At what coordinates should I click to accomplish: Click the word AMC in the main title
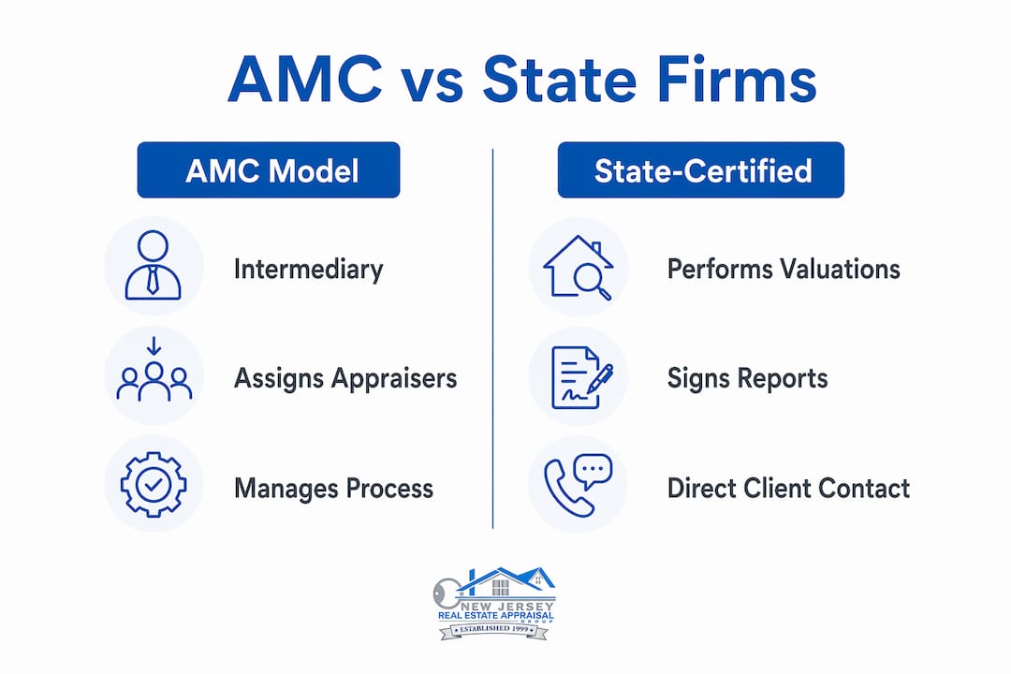point(305,80)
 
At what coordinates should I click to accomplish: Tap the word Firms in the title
point(737,80)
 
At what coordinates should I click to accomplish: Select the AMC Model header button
point(269,170)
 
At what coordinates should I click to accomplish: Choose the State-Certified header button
point(701,170)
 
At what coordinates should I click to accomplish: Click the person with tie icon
point(153,265)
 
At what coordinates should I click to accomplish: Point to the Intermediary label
point(308,269)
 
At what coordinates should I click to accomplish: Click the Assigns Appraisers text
point(344,378)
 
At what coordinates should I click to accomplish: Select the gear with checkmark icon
point(154,484)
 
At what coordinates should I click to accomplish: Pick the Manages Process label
point(333,489)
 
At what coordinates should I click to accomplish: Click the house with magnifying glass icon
point(578,267)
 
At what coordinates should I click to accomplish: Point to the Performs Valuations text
point(784,269)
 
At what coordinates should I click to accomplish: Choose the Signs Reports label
point(747,378)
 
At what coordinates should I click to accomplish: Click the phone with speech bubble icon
point(578,486)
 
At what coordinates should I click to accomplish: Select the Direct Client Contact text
point(788,489)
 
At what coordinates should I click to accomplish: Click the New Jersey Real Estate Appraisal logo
point(494,603)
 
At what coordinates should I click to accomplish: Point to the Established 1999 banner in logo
point(494,629)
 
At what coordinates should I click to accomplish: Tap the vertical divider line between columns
point(493,339)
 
